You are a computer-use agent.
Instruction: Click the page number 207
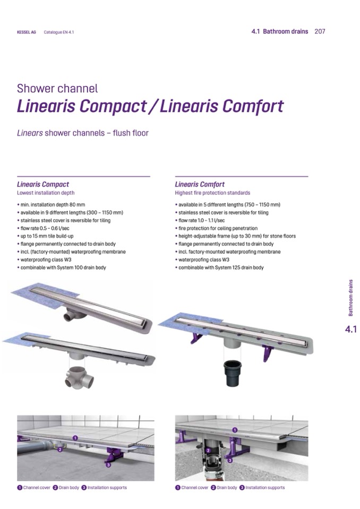point(320,31)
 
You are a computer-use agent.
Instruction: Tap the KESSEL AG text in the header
point(27,32)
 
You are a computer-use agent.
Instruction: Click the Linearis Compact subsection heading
point(43,184)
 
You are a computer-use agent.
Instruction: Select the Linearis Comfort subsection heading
point(200,184)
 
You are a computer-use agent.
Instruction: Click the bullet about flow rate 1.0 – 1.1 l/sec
point(200,220)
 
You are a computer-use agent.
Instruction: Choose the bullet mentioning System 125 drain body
point(219,268)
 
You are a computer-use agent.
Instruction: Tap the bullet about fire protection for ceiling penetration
point(216,228)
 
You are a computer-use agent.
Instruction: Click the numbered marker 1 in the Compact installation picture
point(75,438)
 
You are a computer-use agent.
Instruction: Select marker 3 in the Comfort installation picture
point(230,460)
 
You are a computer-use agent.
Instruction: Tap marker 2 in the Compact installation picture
point(59,450)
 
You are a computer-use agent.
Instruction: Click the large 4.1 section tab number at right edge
point(350,329)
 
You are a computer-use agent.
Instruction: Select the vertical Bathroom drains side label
point(350,298)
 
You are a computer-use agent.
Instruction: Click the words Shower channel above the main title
point(57,89)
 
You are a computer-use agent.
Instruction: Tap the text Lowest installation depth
point(46,193)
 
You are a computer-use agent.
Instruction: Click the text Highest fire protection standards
point(212,193)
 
